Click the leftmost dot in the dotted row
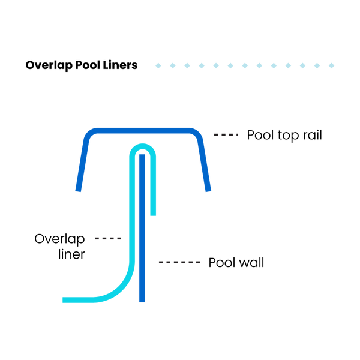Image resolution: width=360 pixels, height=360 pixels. (158, 65)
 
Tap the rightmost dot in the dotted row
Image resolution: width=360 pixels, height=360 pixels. (331, 65)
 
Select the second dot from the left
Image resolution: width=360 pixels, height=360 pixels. (173, 65)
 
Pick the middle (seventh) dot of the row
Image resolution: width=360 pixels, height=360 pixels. (245, 65)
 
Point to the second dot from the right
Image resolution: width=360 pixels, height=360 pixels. (317, 65)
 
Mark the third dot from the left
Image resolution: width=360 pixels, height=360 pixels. (187, 65)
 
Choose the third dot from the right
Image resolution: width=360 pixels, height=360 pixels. (302, 65)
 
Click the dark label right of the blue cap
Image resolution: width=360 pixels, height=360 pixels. (226, 135)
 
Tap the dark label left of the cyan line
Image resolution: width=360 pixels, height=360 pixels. (108, 239)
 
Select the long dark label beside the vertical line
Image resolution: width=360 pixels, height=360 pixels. (179, 262)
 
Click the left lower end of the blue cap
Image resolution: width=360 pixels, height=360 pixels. (78, 190)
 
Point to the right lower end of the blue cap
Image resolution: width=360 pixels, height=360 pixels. (209, 190)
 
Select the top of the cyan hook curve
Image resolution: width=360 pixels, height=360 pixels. (143, 146)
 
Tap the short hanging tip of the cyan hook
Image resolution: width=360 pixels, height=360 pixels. (153, 214)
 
